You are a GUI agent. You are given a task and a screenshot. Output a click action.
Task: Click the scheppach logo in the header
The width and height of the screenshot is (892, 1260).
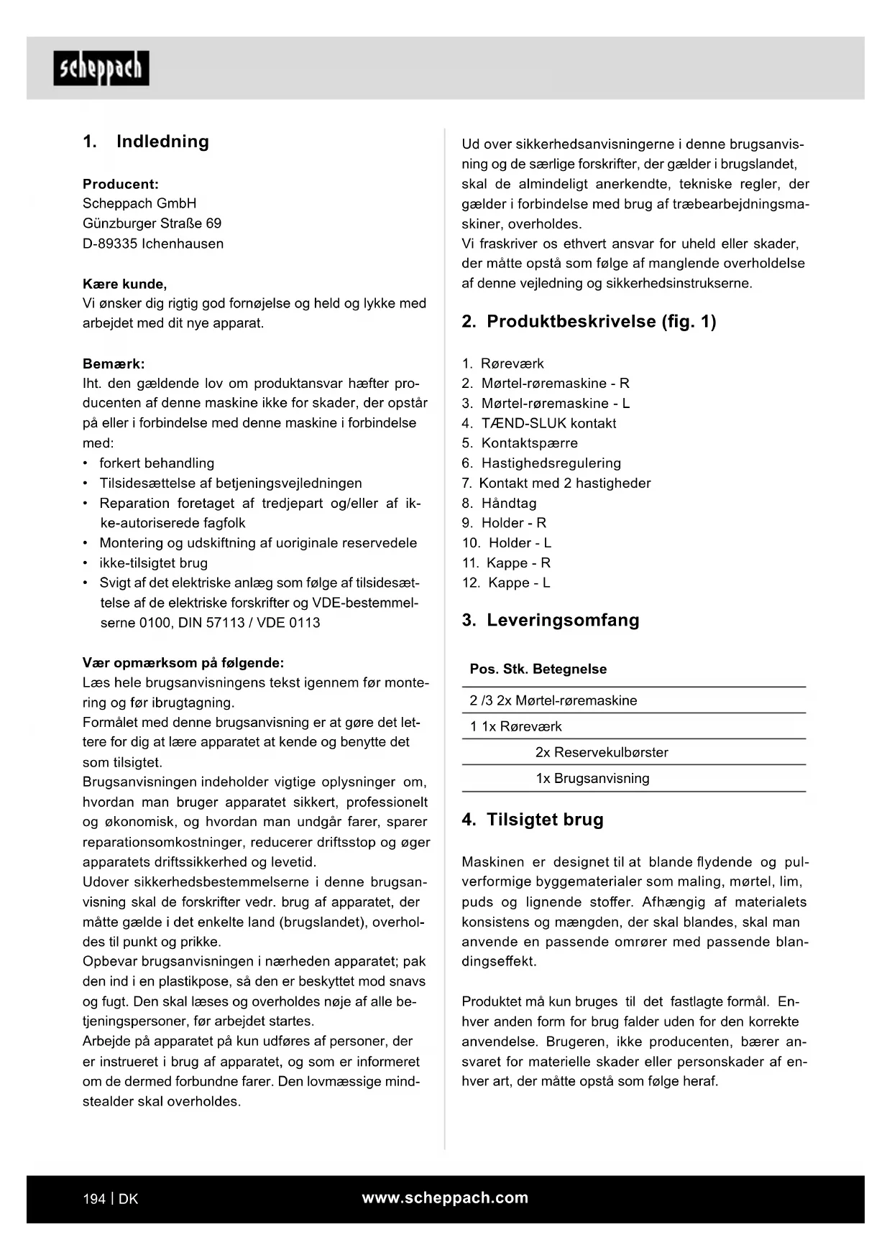pos(101,68)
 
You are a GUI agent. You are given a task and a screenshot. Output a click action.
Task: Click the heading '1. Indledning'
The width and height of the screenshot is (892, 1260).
pos(146,142)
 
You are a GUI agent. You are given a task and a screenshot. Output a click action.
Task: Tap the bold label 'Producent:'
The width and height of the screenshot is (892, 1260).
pos(121,184)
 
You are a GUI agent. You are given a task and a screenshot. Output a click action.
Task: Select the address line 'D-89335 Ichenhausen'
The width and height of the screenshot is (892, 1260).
pos(153,244)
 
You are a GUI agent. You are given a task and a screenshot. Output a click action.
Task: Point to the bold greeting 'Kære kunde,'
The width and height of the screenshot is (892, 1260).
pos(124,284)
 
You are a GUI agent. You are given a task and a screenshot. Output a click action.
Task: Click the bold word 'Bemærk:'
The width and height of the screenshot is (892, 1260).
pos(114,363)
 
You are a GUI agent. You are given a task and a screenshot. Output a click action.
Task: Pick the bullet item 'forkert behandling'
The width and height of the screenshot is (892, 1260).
pos(157,463)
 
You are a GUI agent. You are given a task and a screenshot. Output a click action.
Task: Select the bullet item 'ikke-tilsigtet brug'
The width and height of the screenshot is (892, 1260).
pos(153,563)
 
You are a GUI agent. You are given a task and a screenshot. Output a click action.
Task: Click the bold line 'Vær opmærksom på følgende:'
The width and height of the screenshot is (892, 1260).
pos(183,662)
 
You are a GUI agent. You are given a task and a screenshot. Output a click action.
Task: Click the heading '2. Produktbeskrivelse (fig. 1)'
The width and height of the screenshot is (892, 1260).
pos(589,322)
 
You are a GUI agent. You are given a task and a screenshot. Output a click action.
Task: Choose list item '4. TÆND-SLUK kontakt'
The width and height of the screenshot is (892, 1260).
pos(539,423)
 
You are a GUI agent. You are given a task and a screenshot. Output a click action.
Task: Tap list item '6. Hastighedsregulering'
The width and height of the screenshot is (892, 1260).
pos(541,463)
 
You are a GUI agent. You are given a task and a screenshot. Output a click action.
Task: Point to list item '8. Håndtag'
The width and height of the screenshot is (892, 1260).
pos(500,503)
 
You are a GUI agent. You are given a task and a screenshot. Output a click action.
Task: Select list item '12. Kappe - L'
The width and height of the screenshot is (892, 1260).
pos(506,583)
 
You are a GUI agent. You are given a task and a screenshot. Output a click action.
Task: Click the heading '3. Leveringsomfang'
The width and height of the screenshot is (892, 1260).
pos(551,620)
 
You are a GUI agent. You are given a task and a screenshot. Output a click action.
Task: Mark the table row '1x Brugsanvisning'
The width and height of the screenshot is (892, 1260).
pos(592,778)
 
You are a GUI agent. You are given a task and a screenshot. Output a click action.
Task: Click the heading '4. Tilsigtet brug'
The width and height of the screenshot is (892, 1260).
pos(533,820)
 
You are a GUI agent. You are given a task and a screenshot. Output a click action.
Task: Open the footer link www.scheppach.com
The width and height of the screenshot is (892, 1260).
pos(445,1198)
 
